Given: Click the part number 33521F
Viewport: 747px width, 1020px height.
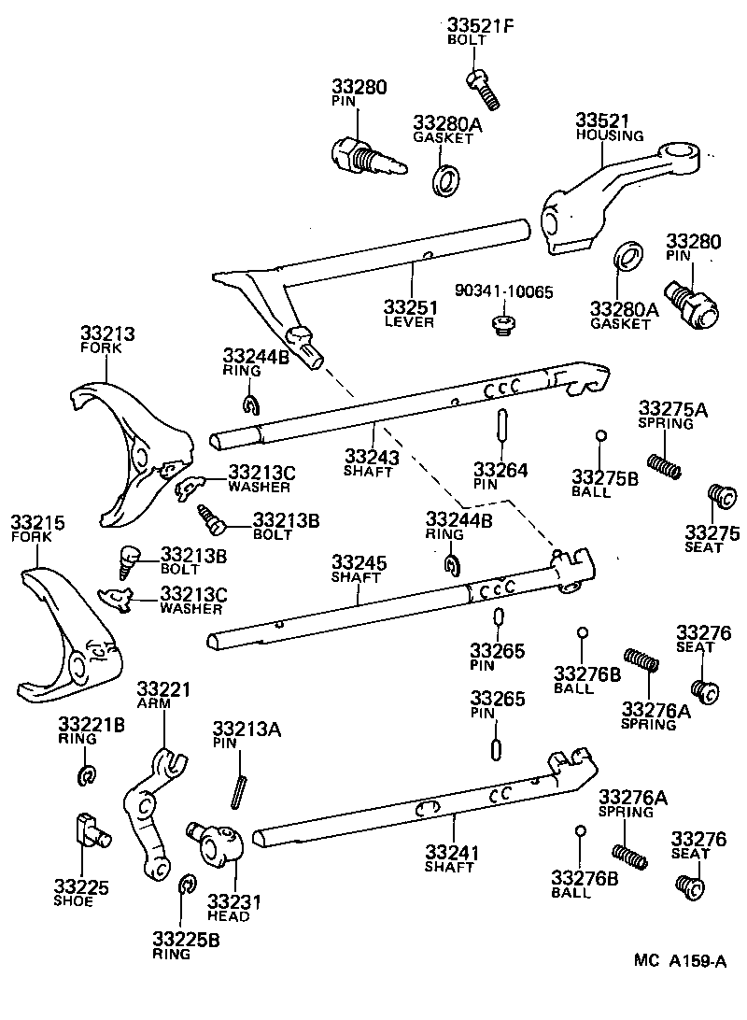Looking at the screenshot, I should pyautogui.click(x=480, y=25).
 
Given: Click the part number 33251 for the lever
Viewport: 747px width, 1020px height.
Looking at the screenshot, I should pyautogui.click(x=408, y=306).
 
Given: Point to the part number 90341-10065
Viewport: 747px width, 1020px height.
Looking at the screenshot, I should pyautogui.click(x=504, y=291).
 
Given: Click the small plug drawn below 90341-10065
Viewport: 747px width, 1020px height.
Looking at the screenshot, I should pyautogui.click(x=503, y=325).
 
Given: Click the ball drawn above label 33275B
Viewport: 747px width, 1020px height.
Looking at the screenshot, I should pyautogui.click(x=602, y=435).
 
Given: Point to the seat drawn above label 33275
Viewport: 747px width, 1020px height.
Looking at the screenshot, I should pyautogui.click(x=718, y=494).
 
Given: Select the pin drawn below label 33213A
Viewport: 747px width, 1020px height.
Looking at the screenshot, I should pyautogui.click(x=240, y=789).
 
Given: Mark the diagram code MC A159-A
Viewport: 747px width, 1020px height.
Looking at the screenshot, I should pyautogui.click(x=679, y=960).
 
